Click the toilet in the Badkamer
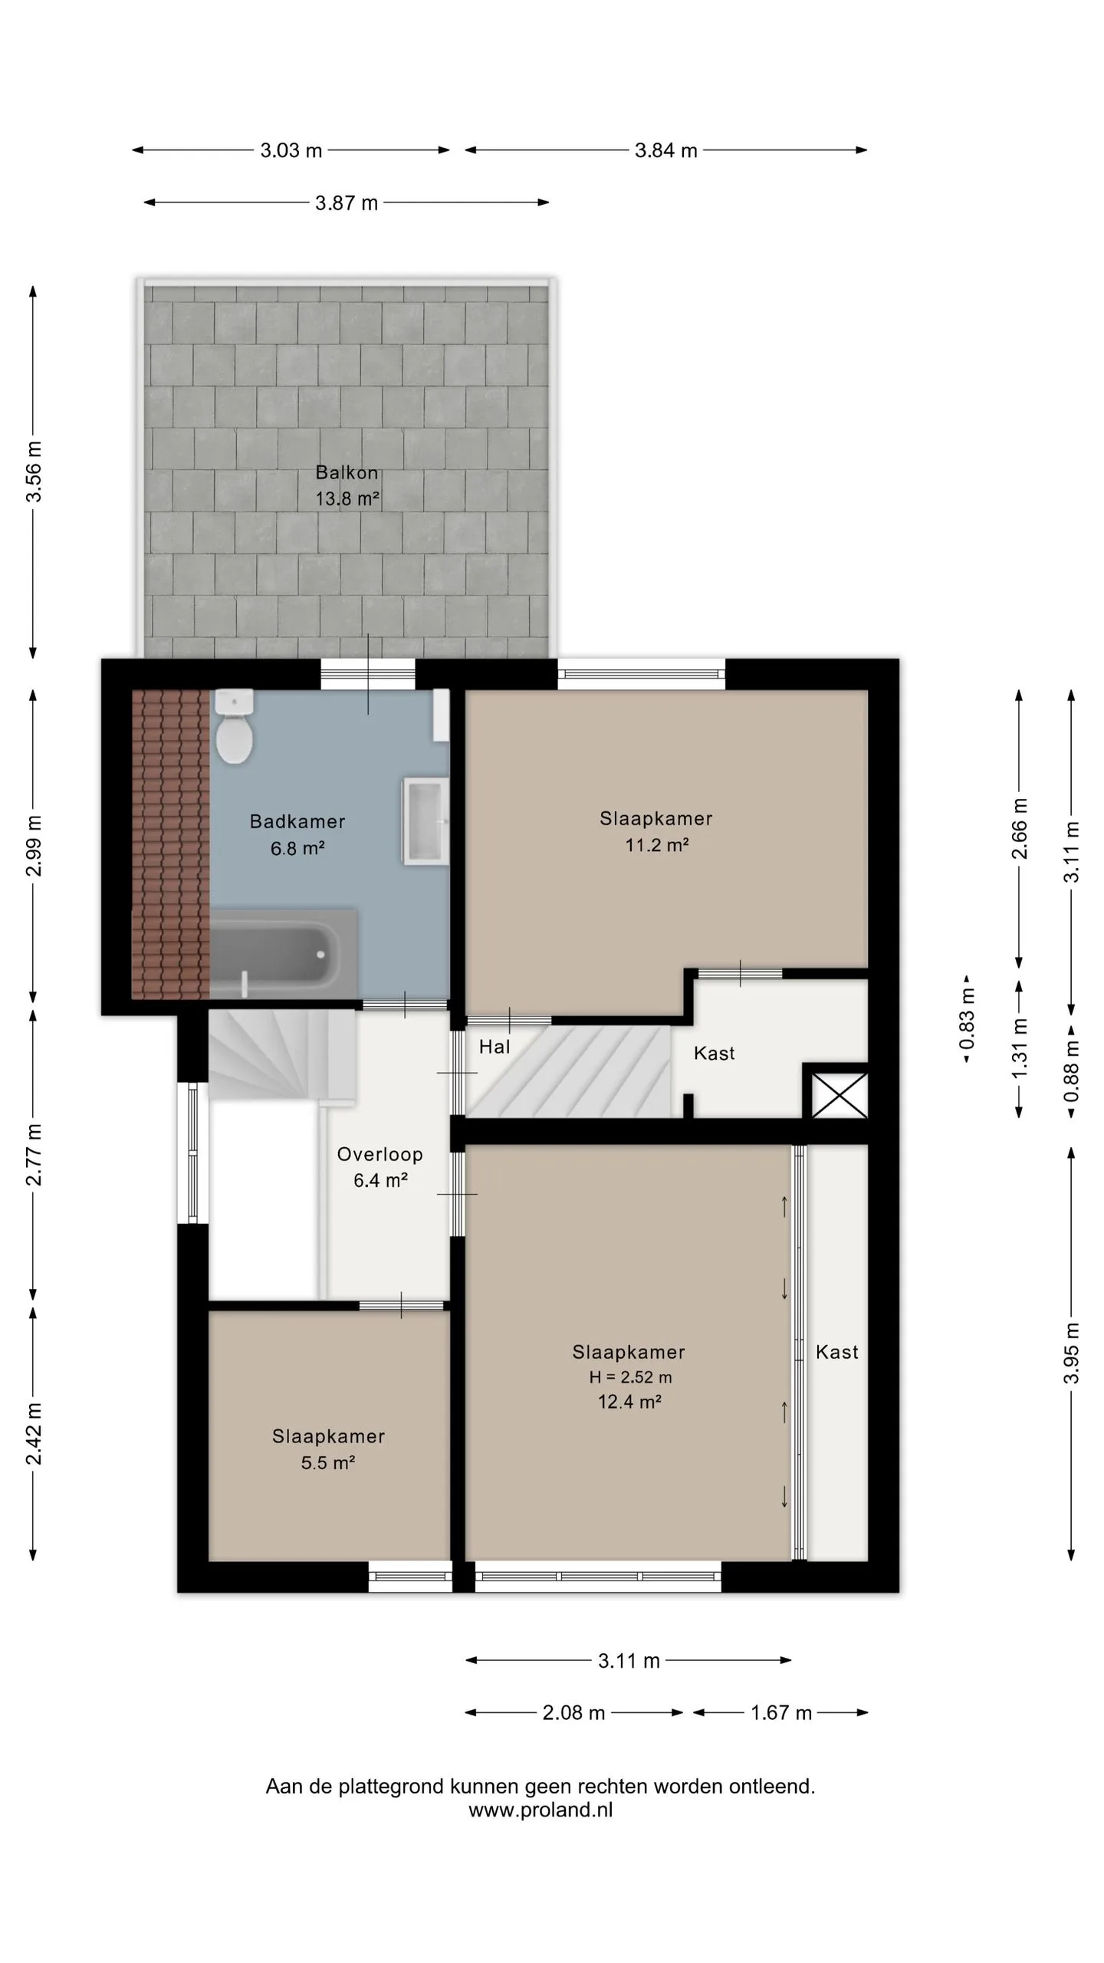[235, 726]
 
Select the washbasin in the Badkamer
[426, 821]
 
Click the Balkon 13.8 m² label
[347, 485]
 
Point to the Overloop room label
[379, 1154]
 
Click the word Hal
[495, 1047]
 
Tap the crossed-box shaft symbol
[839, 1096]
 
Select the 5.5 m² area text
[328, 1462]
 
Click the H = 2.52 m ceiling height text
[630, 1377]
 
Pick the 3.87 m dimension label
[347, 203]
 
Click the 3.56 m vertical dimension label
[34, 472]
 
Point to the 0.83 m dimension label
[967, 1019]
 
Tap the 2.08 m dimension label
[574, 1713]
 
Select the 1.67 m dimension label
[780, 1713]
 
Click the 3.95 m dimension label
[1072, 1353]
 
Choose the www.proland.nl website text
[540, 1810]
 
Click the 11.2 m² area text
[657, 845]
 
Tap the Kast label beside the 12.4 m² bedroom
[837, 1352]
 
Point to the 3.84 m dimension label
[666, 150]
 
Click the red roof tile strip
[170, 844]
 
